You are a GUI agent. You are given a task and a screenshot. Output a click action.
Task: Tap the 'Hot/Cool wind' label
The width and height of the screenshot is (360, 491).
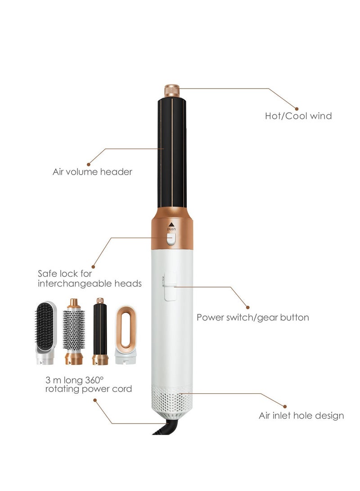(x=298, y=116)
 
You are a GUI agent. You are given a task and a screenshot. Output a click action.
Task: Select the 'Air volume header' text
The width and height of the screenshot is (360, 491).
(x=92, y=172)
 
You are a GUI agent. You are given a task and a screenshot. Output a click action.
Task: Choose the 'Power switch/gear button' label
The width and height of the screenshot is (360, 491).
(x=252, y=317)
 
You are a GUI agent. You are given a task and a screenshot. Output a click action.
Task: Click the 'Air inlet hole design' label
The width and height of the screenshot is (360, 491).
(x=301, y=416)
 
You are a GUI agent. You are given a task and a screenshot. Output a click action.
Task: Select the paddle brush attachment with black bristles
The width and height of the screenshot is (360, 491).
(x=45, y=333)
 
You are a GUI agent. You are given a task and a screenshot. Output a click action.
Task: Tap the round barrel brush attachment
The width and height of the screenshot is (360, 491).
(x=74, y=332)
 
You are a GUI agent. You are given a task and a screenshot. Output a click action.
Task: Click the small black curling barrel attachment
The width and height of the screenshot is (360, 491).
(x=100, y=332)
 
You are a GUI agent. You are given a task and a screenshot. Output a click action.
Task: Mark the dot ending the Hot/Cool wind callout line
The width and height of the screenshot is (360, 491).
(x=297, y=108)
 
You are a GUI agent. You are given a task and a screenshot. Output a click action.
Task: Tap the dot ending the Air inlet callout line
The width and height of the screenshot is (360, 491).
(x=284, y=406)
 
